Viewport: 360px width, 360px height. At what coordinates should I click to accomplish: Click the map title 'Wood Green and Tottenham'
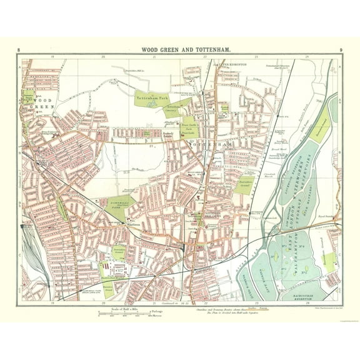click(x=179, y=49)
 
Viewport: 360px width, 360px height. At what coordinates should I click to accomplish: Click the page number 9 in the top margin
click(x=340, y=49)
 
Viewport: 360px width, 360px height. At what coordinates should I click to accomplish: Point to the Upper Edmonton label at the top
click(x=230, y=64)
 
